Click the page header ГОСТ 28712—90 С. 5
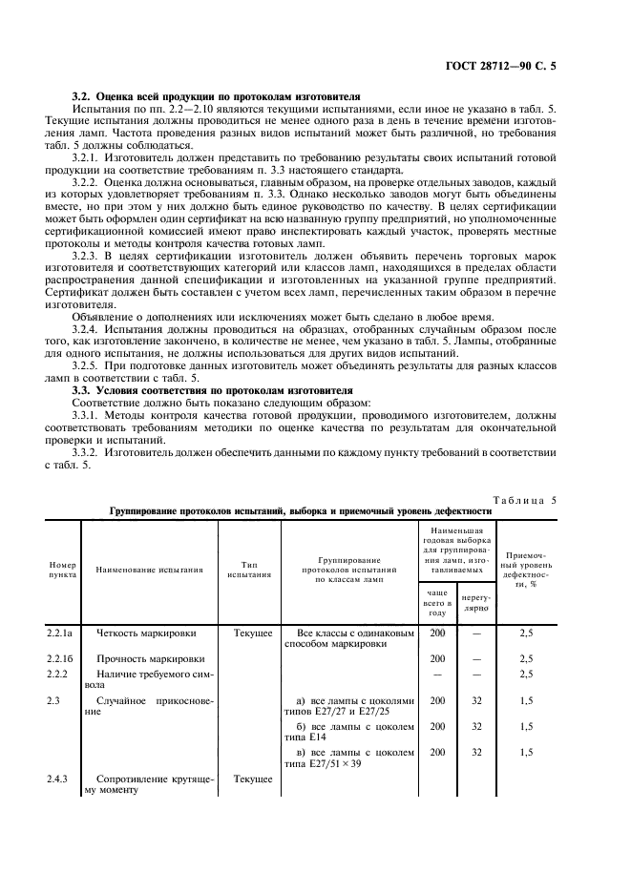pyautogui.click(x=537, y=67)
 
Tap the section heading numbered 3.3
pyautogui.click(x=200, y=390)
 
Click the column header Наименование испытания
pyautogui.click(x=150, y=570)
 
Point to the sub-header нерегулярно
pyautogui.click(x=475, y=601)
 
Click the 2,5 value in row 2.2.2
pyautogui.click(x=525, y=674)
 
